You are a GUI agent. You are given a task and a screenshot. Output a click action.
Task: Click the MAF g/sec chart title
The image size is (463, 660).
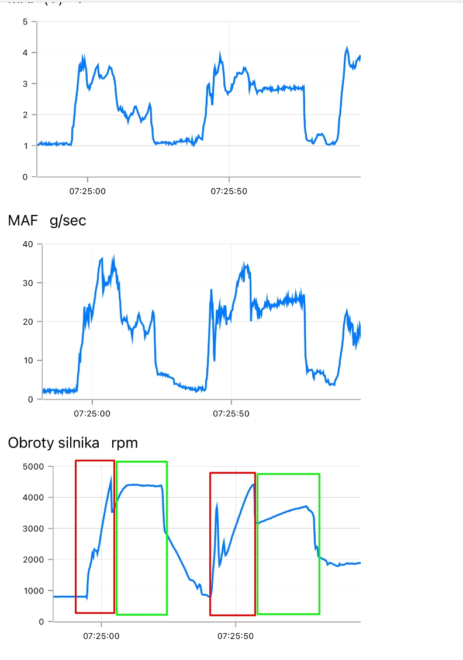coord(47,220)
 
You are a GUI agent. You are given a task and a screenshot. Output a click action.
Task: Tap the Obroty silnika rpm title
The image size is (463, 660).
coord(72,443)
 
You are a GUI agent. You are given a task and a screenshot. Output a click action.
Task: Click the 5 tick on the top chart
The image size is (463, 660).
coord(25,22)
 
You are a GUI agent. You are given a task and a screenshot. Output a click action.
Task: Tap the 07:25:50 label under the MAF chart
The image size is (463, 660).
coord(230,414)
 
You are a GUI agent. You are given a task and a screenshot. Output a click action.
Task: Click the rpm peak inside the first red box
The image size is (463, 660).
coord(110,478)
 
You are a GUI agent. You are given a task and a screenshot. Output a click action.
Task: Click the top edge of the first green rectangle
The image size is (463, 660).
coord(141,462)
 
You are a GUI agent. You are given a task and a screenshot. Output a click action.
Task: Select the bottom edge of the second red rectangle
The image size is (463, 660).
coord(233,614)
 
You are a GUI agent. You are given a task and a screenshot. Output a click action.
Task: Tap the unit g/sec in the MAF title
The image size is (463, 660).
coord(68,220)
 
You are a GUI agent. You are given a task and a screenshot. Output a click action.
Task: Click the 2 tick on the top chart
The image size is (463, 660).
coord(25,115)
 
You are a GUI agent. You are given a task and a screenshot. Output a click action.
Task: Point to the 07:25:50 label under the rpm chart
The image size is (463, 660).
coord(235,635)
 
